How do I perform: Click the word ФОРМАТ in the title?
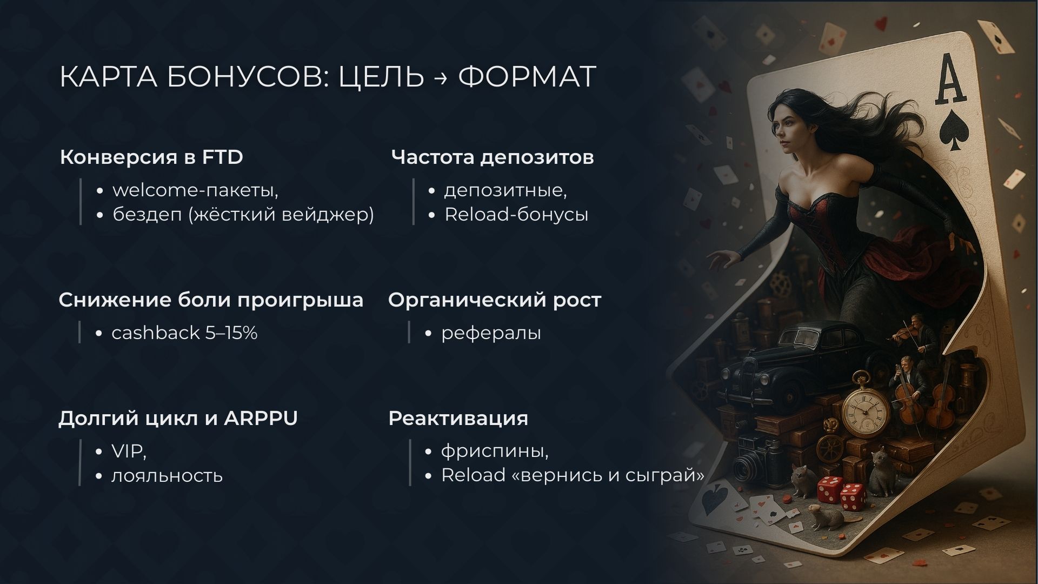(x=527, y=76)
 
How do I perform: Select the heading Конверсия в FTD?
(x=151, y=157)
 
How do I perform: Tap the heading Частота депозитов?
(x=493, y=157)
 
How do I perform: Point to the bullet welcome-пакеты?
(x=195, y=190)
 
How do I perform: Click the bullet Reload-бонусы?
(x=516, y=215)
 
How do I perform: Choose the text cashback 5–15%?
(x=184, y=333)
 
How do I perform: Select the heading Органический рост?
(x=495, y=300)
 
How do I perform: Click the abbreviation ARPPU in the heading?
(x=261, y=418)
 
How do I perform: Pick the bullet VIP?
(x=129, y=452)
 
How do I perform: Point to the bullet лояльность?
(x=167, y=476)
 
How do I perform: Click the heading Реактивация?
(x=458, y=419)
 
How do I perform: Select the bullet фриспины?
(x=495, y=452)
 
